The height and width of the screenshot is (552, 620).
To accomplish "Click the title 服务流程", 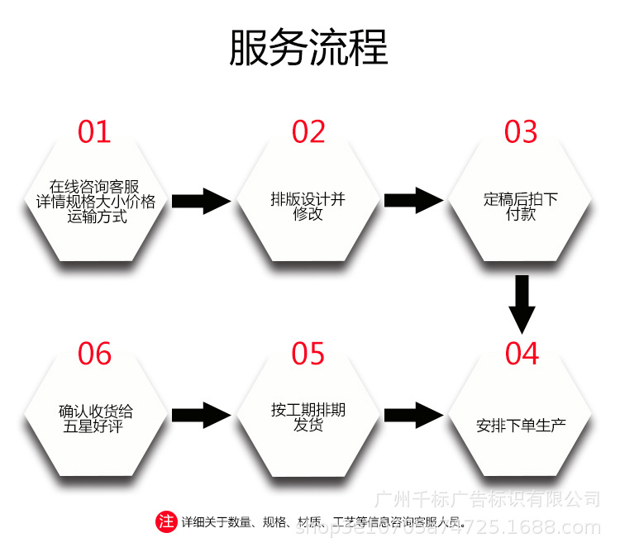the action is click(308, 48).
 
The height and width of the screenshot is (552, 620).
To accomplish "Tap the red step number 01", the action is click(94, 132).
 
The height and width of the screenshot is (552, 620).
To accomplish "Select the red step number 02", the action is click(308, 132).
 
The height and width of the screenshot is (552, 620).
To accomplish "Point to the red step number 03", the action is click(521, 132).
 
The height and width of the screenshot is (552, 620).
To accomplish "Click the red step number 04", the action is click(522, 354).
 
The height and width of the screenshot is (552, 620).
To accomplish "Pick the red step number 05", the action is click(308, 354).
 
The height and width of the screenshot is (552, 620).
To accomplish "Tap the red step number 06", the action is click(94, 354).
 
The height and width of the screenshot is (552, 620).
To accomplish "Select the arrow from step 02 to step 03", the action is click(415, 200).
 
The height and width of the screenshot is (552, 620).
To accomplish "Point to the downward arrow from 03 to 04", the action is click(522, 303).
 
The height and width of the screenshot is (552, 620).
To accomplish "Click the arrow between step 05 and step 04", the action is click(415, 415).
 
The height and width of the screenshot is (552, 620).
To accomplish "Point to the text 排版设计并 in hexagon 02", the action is click(308, 199).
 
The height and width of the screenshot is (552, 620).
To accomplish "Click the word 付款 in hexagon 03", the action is click(521, 214).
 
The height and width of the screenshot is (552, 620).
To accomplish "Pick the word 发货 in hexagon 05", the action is click(308, 426).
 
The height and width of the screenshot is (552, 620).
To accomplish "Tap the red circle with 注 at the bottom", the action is click(166, 521).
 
